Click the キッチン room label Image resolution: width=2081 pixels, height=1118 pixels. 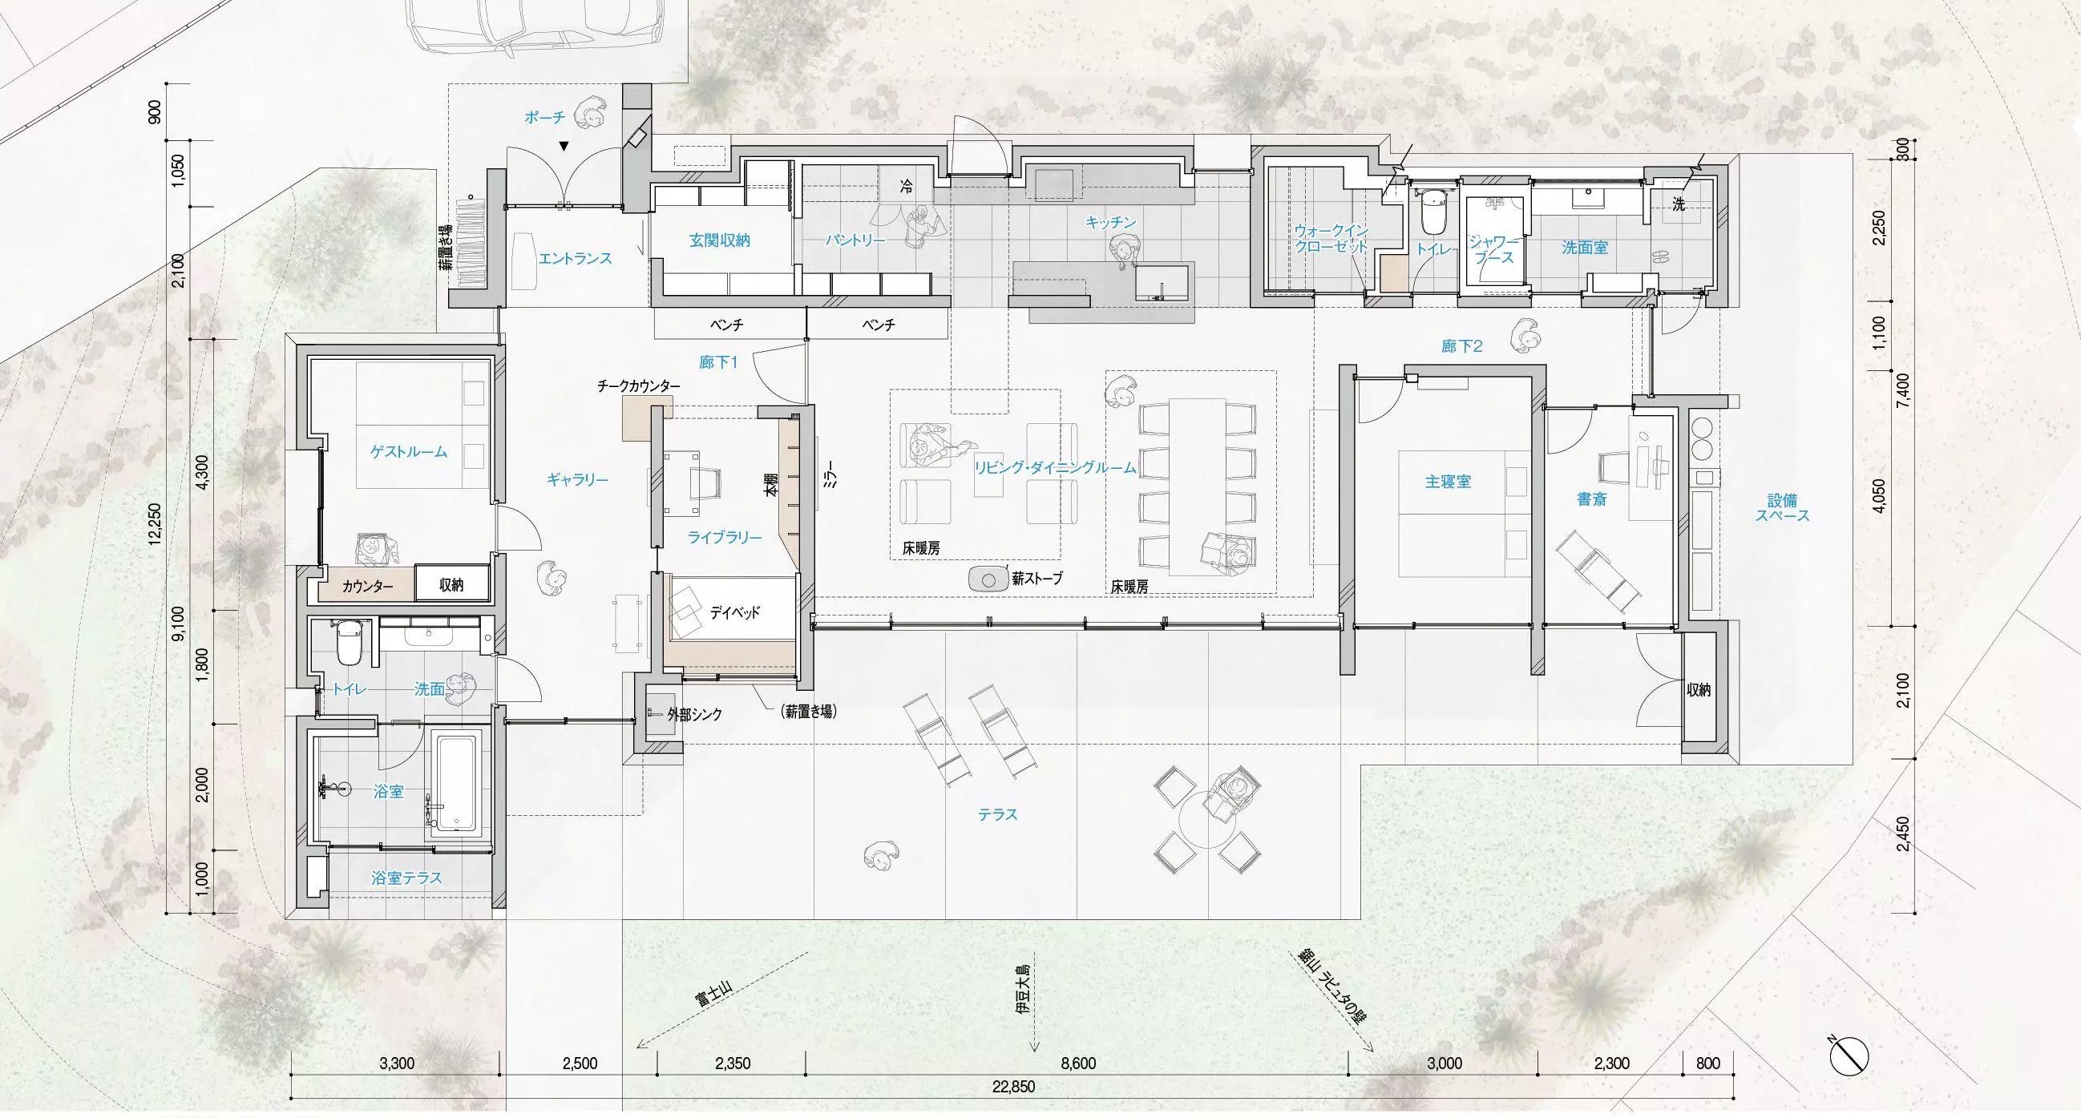point(1112,222)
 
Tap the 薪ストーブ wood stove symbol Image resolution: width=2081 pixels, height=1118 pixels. point(988,578)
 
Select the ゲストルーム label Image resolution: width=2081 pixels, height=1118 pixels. point(409,451)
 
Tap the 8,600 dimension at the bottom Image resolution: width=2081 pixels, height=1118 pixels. point(1077,1063)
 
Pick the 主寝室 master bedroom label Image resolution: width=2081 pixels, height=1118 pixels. point(1448,482)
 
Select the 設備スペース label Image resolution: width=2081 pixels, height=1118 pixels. point(1782,507)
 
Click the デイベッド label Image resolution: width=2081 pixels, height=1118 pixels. point(735,612)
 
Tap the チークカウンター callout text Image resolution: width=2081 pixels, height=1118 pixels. point(638,386)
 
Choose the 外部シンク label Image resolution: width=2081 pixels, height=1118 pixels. point(695,714)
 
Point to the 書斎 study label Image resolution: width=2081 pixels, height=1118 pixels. point(1591,499)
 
